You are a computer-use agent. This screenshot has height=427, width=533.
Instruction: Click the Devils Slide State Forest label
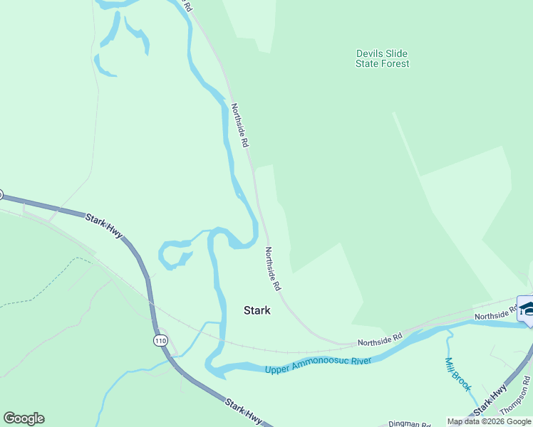point(383,58)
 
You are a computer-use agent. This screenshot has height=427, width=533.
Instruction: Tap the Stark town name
point(257,310)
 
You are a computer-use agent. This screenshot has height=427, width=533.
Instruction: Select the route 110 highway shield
point(162,341)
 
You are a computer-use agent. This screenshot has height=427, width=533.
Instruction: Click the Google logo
point(24,418)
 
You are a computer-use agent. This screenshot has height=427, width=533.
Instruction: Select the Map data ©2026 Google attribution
point(489,421)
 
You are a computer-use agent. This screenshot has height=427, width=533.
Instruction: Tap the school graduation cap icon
point(527,309)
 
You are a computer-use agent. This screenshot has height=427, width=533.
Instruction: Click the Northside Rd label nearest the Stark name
point(272,268)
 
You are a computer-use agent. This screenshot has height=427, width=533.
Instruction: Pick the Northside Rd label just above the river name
point(380,339)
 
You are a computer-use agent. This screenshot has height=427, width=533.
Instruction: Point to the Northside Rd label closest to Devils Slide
point(239,125)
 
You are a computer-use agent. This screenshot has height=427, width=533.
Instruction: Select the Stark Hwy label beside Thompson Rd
point(492,398)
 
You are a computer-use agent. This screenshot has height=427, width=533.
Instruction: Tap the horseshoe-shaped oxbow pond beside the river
point(172,254)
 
